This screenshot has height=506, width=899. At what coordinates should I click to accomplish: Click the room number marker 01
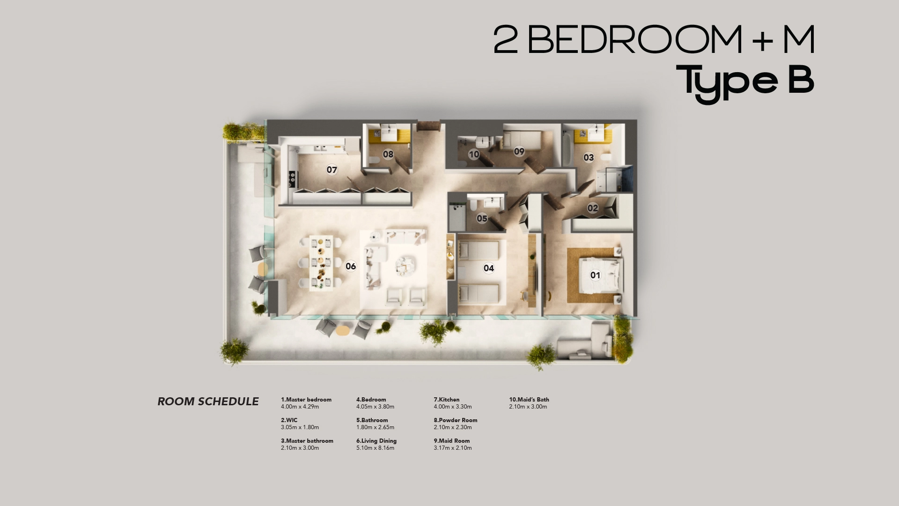click(595, 275)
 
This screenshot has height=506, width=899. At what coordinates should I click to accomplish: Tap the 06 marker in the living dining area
click(351, 266)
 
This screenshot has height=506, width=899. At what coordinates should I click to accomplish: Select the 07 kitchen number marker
click(332, 170)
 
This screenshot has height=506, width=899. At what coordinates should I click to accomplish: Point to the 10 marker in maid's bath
click(474, 154)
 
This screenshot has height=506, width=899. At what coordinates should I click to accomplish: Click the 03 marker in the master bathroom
click(589, 157)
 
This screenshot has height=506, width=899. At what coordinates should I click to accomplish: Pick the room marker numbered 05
click(482, 218)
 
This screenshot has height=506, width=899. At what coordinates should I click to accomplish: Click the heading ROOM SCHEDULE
click(208, 402)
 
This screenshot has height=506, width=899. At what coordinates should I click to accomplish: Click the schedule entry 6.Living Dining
click(376, 441)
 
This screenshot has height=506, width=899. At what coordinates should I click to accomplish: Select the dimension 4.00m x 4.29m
click(300, 407)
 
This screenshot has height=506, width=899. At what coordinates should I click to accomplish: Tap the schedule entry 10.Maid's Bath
click(529, 400)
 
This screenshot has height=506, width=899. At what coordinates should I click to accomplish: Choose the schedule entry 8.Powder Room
click(455, 420)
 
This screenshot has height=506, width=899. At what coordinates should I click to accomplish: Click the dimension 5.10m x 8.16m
click(375, 448)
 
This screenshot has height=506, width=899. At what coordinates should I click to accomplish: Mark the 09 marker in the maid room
click(519, 151)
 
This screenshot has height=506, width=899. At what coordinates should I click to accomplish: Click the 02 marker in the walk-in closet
click(593, 208)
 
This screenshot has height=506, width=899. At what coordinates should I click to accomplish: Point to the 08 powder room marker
click(388, 154)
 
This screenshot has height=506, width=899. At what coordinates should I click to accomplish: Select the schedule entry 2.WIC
click(289, 420)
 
